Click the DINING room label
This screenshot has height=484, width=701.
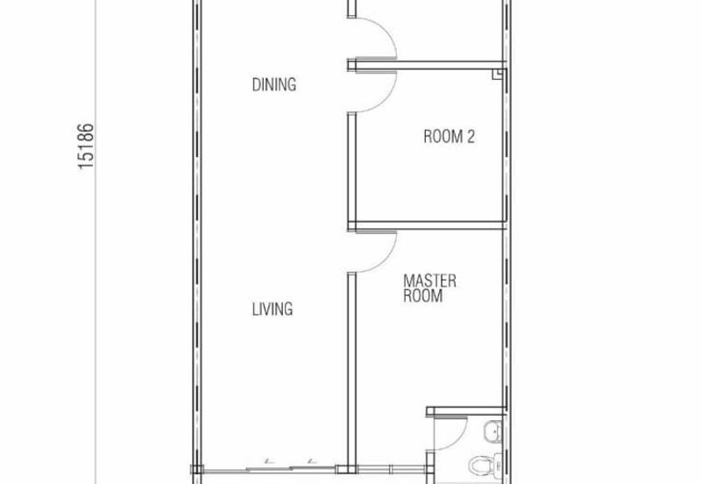point(274,84)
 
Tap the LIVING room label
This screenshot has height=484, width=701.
point(273,309)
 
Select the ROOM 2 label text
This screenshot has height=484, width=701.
point(449,136)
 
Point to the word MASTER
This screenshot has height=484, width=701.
point(429,281)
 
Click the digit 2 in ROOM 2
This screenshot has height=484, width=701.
point(471,136)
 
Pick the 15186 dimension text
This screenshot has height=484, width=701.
point(86,146)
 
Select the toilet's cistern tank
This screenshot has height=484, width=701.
point(497,465)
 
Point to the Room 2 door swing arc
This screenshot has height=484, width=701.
point(386,96)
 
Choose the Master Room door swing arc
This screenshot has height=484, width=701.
point(386,257)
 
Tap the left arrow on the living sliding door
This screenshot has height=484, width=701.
point(267,460)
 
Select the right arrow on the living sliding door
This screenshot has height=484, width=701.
point(312,460)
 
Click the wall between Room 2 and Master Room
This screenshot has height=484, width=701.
point(427,225)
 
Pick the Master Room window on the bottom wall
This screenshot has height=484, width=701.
point(391,469)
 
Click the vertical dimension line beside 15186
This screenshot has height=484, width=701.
point(96,242)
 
